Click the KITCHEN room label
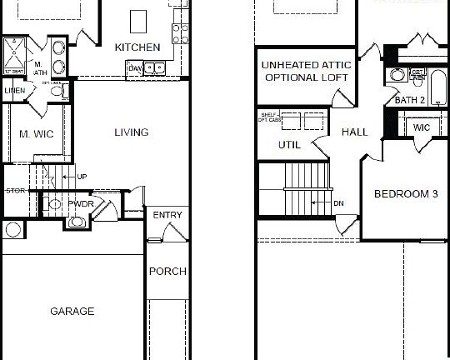pos(137,47)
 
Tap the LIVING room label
pos(131,132)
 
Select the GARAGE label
pos(72,312)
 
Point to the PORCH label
pos(167,272)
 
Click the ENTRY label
pos(167,216)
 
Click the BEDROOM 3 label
pos(406,194)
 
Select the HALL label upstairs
pos(354,132)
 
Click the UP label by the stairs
pos(82,177)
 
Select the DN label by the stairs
pos(338,202)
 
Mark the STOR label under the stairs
pos(15,191)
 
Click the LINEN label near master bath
pos(14,90)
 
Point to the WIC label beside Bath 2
pos(422,127)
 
